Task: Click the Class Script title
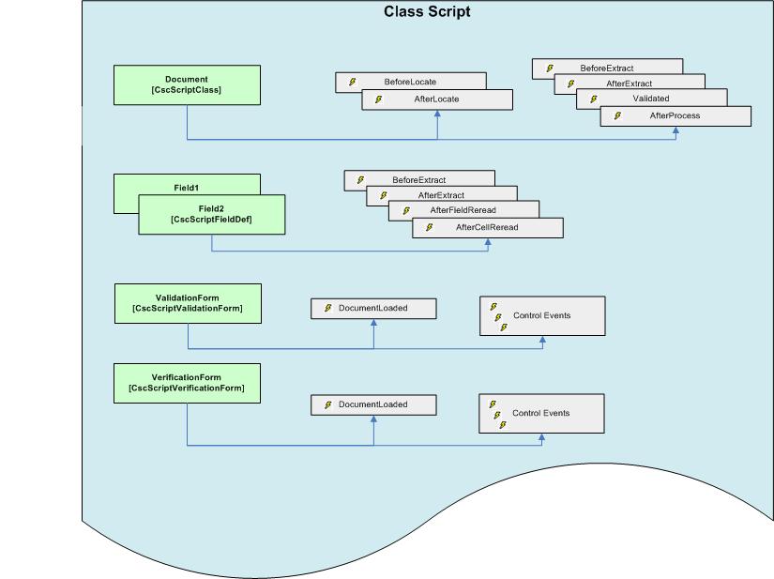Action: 427,12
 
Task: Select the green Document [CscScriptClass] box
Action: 187,84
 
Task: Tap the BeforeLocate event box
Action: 410,82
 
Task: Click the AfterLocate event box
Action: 437,99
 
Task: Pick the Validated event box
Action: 651,99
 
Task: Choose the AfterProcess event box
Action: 675,115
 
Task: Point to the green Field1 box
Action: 186,183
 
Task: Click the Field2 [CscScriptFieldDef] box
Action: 211,214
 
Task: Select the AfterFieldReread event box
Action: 463,210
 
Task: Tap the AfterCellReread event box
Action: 487,227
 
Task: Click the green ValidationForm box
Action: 187,303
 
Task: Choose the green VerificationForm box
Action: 186,383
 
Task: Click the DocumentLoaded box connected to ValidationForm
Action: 373,308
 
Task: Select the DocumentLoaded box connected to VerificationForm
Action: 373,404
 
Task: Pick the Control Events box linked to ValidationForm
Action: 541,315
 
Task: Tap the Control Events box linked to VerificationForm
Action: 541,413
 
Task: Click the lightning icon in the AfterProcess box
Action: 618,115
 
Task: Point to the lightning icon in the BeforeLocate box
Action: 353,82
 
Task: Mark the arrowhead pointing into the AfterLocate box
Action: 437,114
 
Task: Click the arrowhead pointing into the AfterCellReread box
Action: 488,242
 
